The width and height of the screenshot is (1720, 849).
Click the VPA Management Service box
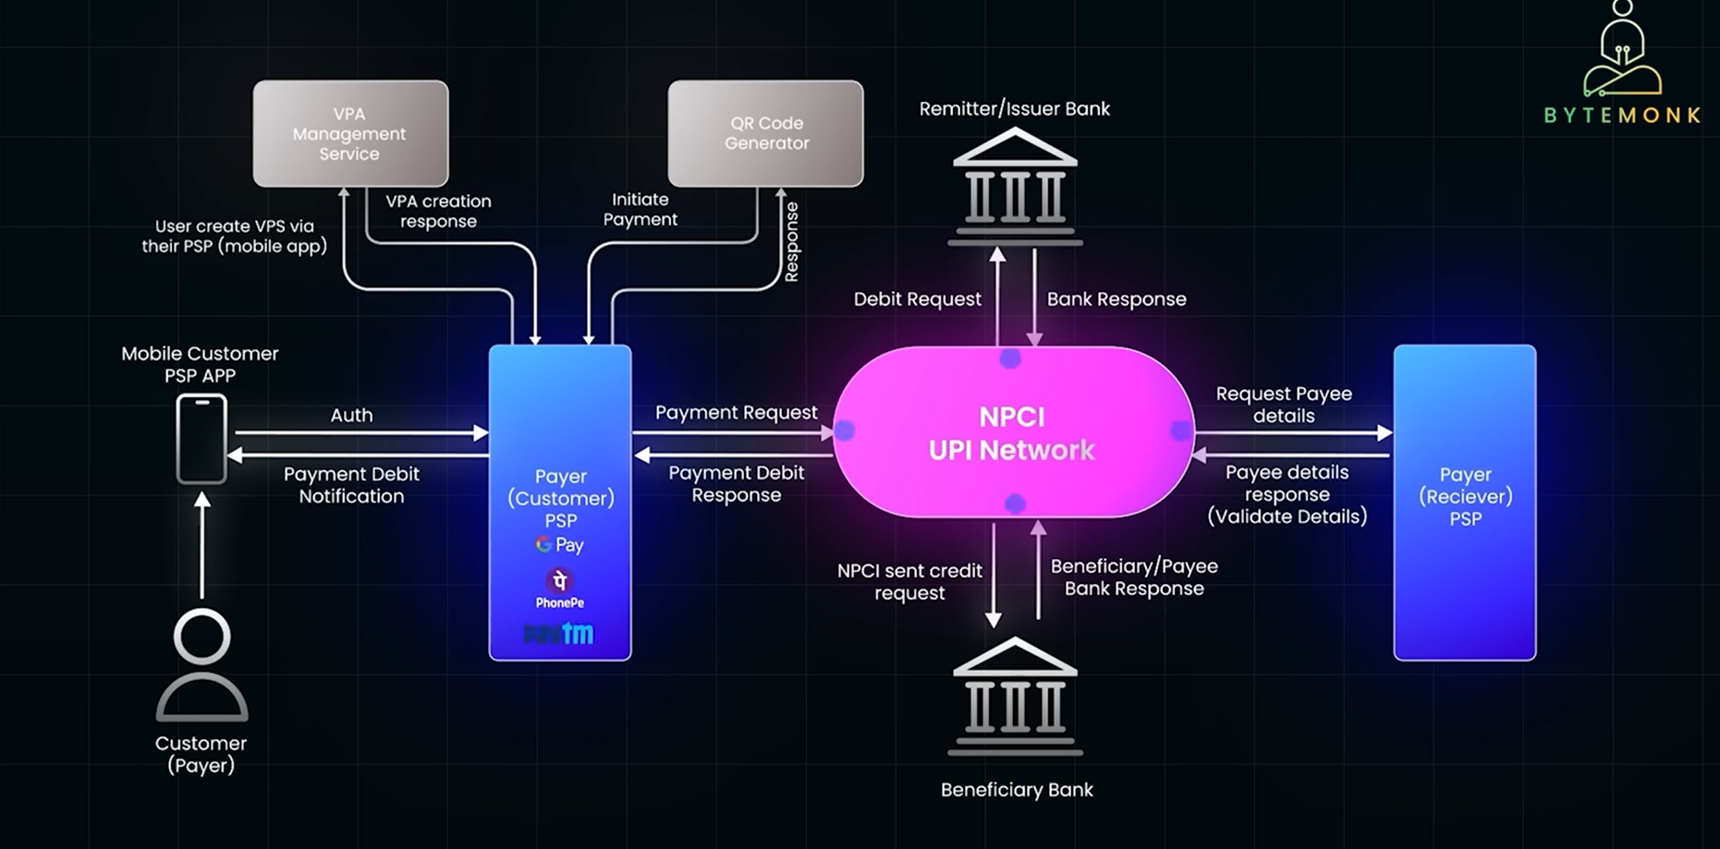[350, 133]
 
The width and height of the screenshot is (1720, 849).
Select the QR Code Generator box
[765, 133]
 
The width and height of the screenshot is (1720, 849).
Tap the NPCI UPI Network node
[1013, 432]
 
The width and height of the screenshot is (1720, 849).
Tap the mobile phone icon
[201, 439]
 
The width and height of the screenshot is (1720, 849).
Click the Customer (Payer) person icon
[201, 665]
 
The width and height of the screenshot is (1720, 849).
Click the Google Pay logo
[560, 545]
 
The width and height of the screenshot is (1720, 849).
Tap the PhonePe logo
[559, 588]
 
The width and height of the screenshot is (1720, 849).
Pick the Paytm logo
[559, 634]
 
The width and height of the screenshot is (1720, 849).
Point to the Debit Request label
[917, 299]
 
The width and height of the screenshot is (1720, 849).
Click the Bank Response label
[1116, 299]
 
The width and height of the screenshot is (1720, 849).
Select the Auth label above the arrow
[351, 416]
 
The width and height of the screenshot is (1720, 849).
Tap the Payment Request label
[736, 412]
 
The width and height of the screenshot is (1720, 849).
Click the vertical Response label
[791, 241]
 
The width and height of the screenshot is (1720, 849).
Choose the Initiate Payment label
[640, 210]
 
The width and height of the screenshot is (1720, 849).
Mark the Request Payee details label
[1283, 405]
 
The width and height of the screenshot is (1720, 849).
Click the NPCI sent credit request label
[909, 582]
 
